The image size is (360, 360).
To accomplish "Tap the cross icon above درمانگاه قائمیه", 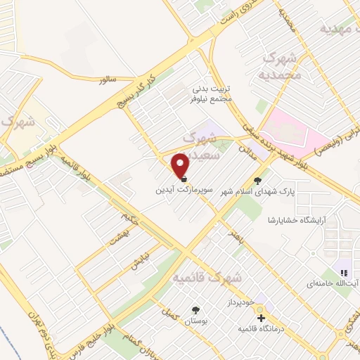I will [262, 318].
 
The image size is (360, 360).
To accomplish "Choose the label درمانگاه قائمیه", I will [262, 329].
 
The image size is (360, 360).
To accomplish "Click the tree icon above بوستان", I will [195, 310].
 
